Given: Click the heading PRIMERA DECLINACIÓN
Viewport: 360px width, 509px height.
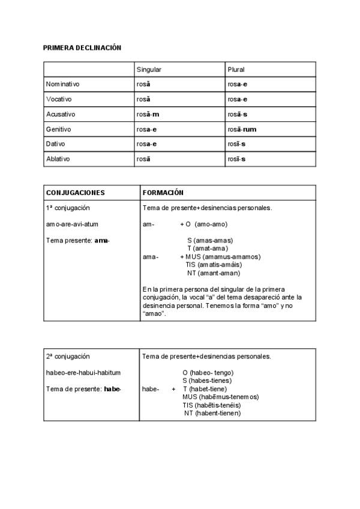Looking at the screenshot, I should pos(82,47).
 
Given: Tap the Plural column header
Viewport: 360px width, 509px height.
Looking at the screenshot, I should pos(236,70).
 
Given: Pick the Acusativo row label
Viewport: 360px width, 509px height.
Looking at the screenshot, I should pos(61,114).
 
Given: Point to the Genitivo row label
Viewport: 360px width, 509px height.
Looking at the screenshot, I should pos(59,129).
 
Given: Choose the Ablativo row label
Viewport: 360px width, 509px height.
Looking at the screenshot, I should pos(59,159).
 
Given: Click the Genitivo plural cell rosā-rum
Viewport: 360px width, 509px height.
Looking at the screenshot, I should pos(242,129).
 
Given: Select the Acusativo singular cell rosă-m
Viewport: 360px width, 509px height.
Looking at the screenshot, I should pos(148,114).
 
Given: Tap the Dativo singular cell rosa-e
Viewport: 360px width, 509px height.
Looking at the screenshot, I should pos(147,144).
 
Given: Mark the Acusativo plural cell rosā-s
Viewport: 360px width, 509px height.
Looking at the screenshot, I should pos(238,114).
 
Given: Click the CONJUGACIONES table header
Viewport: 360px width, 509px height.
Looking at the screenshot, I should pos(75,193).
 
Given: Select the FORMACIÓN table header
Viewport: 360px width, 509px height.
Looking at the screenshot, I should pos(163,193).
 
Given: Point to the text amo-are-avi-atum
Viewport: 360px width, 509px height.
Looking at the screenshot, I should pos(72,224).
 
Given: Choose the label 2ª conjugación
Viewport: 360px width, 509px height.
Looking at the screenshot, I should pos(68,356).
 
